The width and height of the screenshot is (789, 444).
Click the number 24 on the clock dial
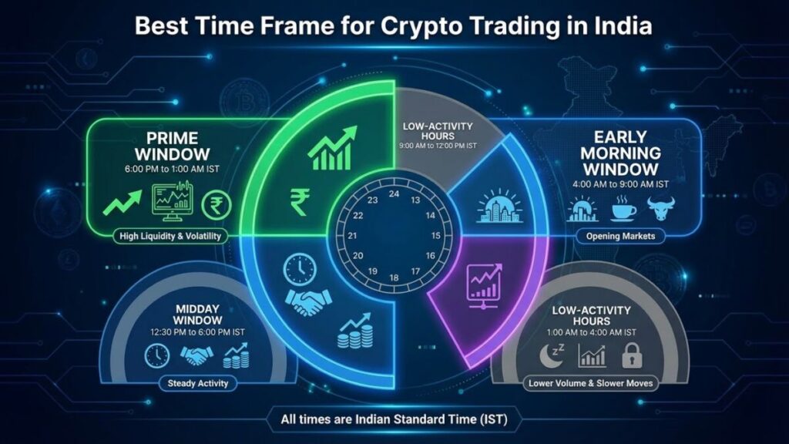[x=394, y=193]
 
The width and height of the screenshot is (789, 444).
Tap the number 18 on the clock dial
[x=394, y=277]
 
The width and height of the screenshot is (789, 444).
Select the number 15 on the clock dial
[x=435, y=235]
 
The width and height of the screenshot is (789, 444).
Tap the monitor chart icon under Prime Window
[x=171, y=203]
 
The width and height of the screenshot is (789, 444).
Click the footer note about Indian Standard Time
[x=394, y=420]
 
